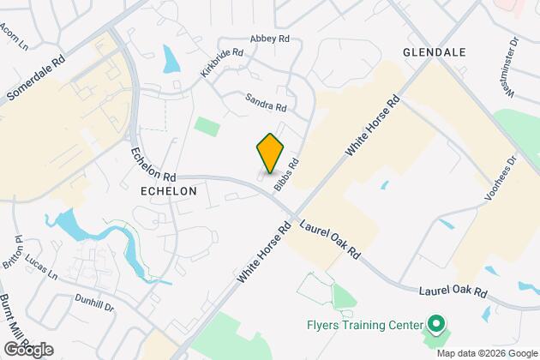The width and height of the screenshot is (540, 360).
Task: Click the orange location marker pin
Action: click(x=270, y=153)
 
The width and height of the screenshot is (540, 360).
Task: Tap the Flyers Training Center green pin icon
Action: click(x=436, y=326)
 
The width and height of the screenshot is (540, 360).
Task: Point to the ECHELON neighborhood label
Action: click(x=168, y=191)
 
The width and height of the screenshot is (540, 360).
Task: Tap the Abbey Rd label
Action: click(x=269, y=39)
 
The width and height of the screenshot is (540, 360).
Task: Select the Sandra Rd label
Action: click(x=265, y=105)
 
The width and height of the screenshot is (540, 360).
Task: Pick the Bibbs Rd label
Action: click(x=286, y=174)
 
